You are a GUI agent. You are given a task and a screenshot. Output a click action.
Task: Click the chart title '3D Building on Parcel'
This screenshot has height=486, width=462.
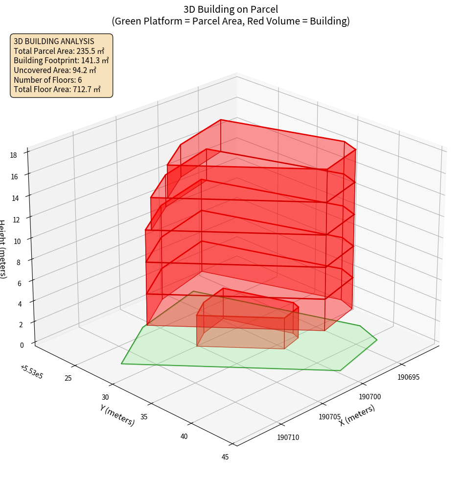[x=231, y=9]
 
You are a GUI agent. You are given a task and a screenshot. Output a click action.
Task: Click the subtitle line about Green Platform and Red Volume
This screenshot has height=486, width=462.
[x=231, y=21]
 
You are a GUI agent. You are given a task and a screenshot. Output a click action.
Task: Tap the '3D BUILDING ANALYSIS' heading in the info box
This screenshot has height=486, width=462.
[x=54, y=41]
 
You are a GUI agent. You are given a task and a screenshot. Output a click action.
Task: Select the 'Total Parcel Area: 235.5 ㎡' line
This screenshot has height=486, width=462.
[x=59, y=51]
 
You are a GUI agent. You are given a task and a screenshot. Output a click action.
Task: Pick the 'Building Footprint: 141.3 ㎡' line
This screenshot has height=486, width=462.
[x=61, y=60]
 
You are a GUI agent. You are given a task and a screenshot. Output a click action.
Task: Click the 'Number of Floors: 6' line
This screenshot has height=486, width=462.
[x=48, y=80]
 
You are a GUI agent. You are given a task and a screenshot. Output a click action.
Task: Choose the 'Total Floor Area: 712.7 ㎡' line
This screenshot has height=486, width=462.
[x=57, y=89]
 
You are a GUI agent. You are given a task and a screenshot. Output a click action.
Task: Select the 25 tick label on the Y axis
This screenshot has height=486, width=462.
[x=68, y=378]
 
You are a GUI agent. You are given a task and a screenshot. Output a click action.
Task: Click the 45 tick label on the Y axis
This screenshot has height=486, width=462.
[x=225, y=457]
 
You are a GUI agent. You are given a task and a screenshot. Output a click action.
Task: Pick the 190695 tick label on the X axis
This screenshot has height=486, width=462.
[x=409, y=377]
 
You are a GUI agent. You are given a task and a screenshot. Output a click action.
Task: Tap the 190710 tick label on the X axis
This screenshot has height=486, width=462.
[x=288, y=437]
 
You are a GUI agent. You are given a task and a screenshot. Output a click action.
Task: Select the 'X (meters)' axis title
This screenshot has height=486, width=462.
[x=357, y=415]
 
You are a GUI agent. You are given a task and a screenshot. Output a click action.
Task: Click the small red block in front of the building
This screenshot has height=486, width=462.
[x=247, y=323]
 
